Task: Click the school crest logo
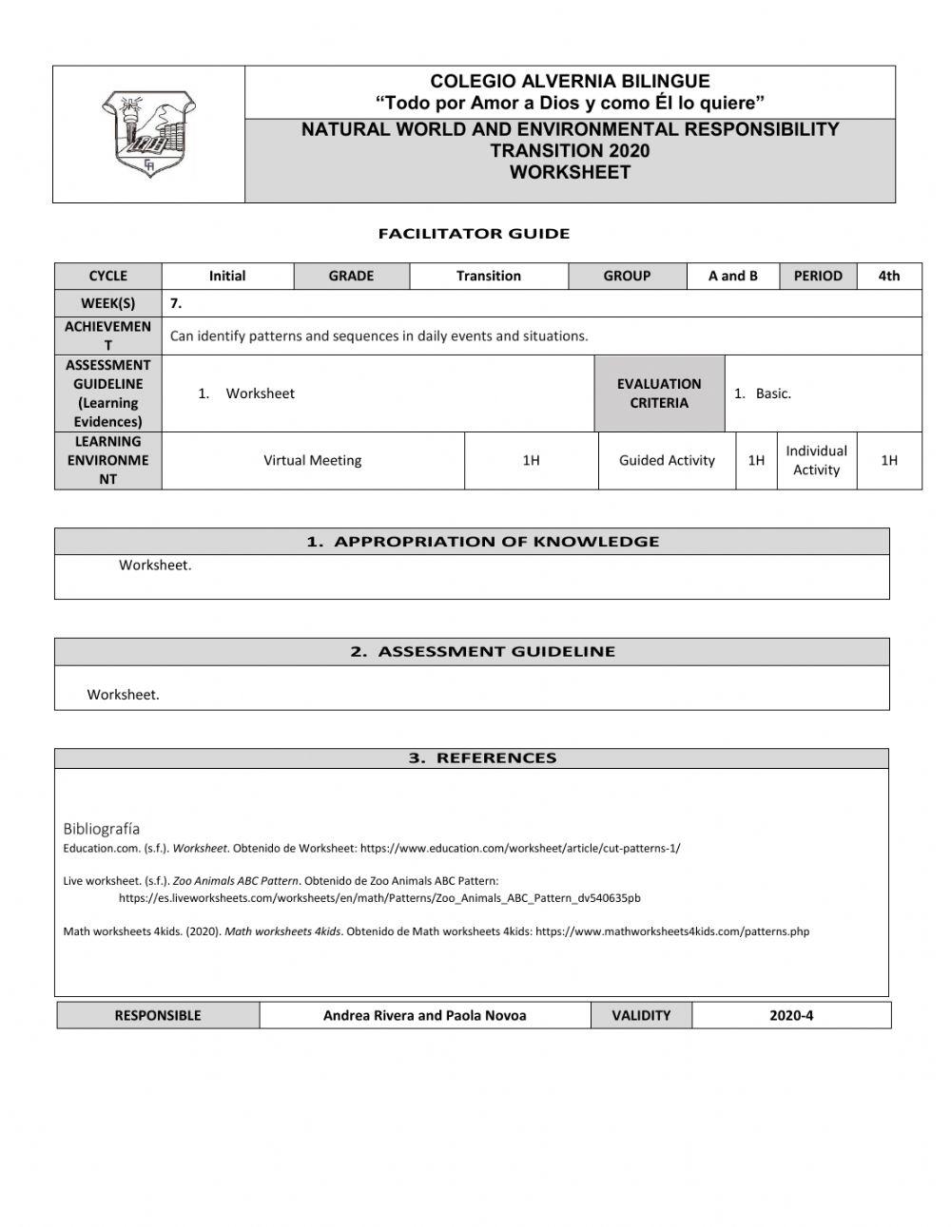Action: tap(148, 133)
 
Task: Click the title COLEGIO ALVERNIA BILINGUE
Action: tap(570, 82)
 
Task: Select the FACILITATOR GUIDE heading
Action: tap(474, 234)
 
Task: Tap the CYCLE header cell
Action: tap(107, 276)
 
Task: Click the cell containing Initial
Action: tap(227, 276)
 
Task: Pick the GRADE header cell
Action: tap(351, 276)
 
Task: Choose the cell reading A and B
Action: tap(732, 276)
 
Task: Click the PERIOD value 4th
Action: tap(888, 276)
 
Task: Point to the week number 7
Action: tap(176, 303)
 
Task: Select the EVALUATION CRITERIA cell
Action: tap(659, 393)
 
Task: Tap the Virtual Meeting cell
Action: tap(313, 461)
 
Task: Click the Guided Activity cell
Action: tap(667, 461)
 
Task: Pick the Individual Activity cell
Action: tap(816, 461)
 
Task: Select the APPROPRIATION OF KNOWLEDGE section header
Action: tap(482, 542)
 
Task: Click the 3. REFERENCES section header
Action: tap(482, 758)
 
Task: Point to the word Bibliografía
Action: tap(102, 829)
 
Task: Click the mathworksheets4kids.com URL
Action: tap(672, 931)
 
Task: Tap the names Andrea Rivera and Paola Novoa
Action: tap(424, 1015)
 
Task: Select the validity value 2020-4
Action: tap(791, 1015)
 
